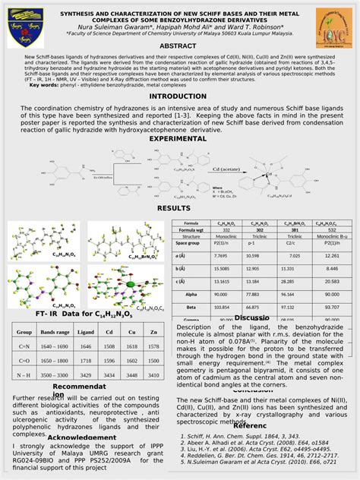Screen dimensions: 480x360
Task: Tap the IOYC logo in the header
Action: click(x=334, y=31)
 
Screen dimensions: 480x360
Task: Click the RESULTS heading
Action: click(x=173, y=208)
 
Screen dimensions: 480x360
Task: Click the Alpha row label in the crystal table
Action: click(x=191, y=292)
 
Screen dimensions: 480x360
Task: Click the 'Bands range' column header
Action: click(x=55, y=333)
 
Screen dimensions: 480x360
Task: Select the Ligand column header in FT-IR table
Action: click(x=86, y=333)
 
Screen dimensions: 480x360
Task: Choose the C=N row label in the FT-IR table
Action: click(x=24, y=346)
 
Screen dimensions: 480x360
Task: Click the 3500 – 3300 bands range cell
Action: click(x=55, y=374)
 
